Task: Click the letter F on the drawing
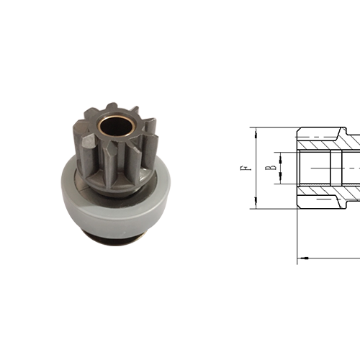(247, 170)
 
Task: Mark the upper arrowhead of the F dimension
(253, 131)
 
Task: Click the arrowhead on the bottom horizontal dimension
(302, 256)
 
